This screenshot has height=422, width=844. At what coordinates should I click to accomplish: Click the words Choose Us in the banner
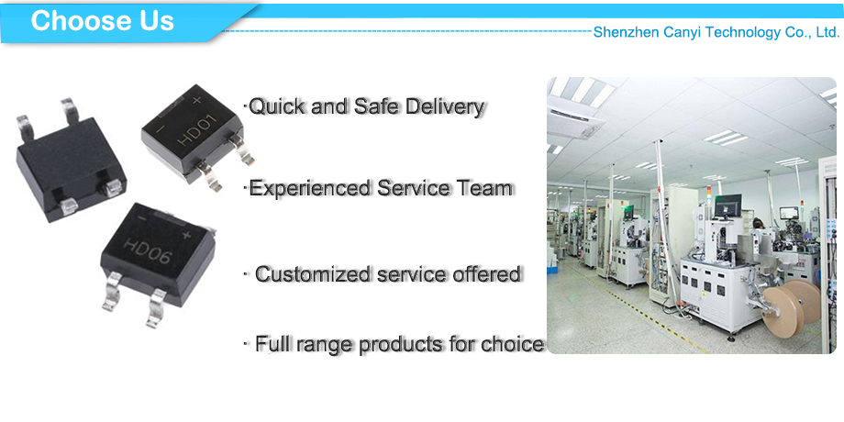[102, 20]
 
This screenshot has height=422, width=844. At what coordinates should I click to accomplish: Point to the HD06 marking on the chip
[148, 251]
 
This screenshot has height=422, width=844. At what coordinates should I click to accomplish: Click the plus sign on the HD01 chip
[196, 100]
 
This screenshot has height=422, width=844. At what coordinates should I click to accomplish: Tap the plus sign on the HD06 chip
[186, 235]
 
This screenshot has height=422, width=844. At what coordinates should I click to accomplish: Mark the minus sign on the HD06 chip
[141, 218]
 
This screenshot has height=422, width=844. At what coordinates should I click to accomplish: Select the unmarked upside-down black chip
[70, 161]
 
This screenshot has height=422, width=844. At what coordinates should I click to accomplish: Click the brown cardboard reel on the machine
[793, 306]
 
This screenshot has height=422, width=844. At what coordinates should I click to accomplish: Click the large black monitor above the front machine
[727, 205]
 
